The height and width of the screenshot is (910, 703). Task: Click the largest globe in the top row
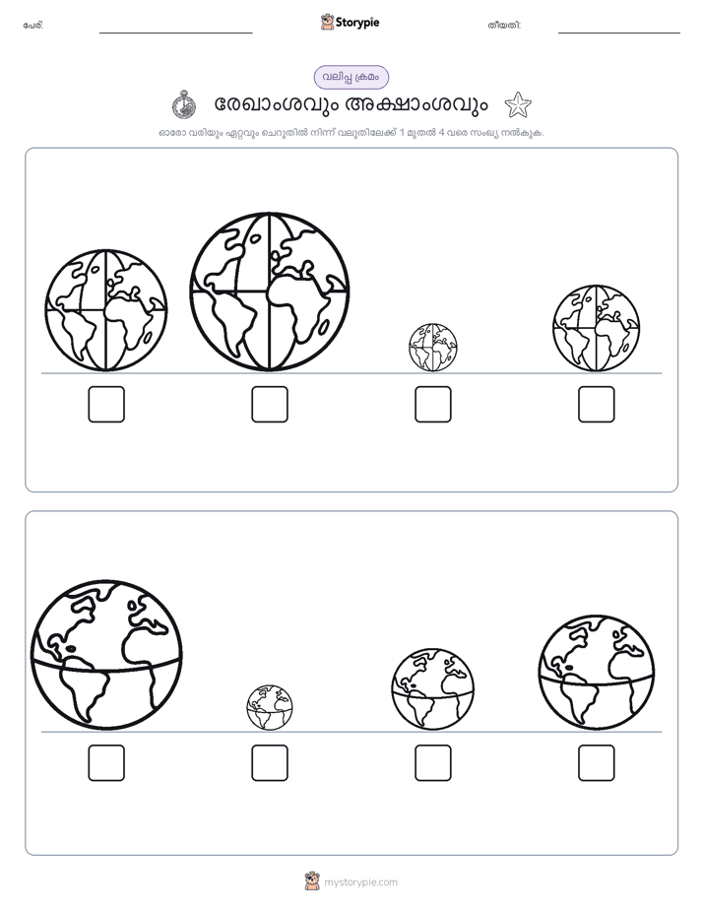(269, 292)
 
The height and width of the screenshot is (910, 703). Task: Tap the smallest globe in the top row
(432, 348)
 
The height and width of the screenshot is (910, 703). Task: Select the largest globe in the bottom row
(106, 655)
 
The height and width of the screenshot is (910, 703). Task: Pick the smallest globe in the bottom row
(270, 707)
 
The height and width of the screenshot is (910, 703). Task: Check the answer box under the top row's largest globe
(270, 404)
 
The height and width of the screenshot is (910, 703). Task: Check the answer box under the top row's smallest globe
(432, 404)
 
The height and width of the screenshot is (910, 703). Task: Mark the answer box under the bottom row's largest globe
(106, 762)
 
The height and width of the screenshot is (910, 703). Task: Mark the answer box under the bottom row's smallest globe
(270, 762)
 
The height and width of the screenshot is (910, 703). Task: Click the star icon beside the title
(517, 105)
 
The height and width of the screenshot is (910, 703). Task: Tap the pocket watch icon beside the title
(184, 105)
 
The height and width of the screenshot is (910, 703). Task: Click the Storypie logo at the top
(350, 22)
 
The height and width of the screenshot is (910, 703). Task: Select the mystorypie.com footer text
(360, 882)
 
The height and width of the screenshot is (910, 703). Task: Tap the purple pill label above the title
(351, 77)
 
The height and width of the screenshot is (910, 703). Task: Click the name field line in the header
(175, 33)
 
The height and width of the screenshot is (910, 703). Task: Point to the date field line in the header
(619, 33)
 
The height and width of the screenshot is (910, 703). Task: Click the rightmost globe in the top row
(597, 328)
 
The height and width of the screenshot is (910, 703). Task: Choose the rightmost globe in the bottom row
(597, 673)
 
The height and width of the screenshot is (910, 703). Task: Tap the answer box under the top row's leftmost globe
(106, 404)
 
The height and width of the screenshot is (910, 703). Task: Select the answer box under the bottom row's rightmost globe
(597, 762)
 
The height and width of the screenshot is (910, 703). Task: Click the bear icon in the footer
(312, 881)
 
